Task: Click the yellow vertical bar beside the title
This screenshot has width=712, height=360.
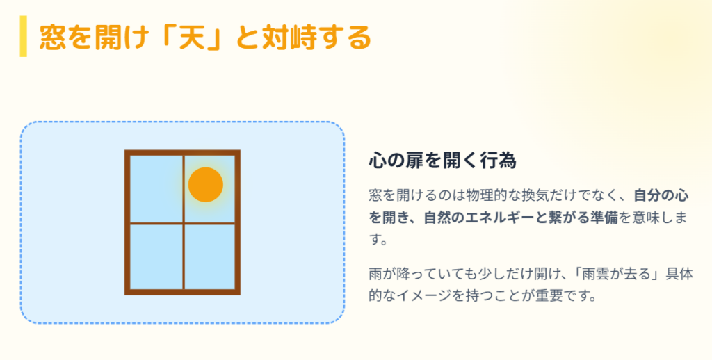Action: click(23, 36)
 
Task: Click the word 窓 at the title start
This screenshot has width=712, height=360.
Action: click(52, 37)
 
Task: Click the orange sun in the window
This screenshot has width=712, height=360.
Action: click(206, 185)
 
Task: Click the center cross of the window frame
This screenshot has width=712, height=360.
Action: click(184, 224)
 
